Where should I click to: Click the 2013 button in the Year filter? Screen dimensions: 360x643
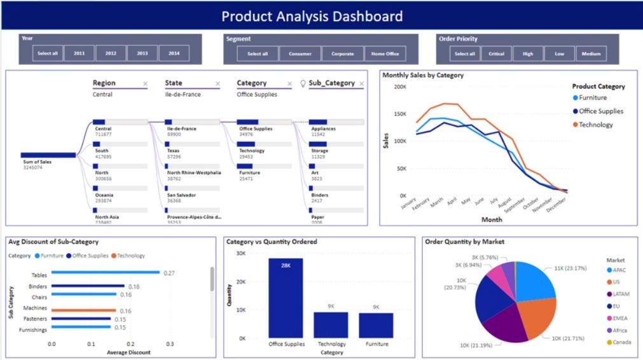pos(142,53)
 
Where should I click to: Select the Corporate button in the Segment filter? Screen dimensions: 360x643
pos(342,53)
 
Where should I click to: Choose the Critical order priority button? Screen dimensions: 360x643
pos(496,53)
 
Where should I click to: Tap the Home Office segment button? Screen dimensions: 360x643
pos(385,53)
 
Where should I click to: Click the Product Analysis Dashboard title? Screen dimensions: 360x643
pos(312,16)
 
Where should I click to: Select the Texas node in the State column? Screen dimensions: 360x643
pos(173,151)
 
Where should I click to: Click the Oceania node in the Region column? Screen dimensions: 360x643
pos(103,195)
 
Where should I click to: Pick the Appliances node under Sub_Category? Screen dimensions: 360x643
pos(323,128)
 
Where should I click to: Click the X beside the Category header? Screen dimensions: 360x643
pos(289,83)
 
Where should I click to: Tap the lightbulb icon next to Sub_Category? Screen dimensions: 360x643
pos(303,83)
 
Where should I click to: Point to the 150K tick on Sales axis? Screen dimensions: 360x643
pos(399,114)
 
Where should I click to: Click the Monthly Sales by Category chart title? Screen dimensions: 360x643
pos(422,75)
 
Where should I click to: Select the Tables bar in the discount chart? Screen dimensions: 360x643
pos(105,272)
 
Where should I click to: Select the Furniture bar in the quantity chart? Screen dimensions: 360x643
pos(376,325)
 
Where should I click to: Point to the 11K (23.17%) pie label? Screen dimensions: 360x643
pos(572,269)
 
